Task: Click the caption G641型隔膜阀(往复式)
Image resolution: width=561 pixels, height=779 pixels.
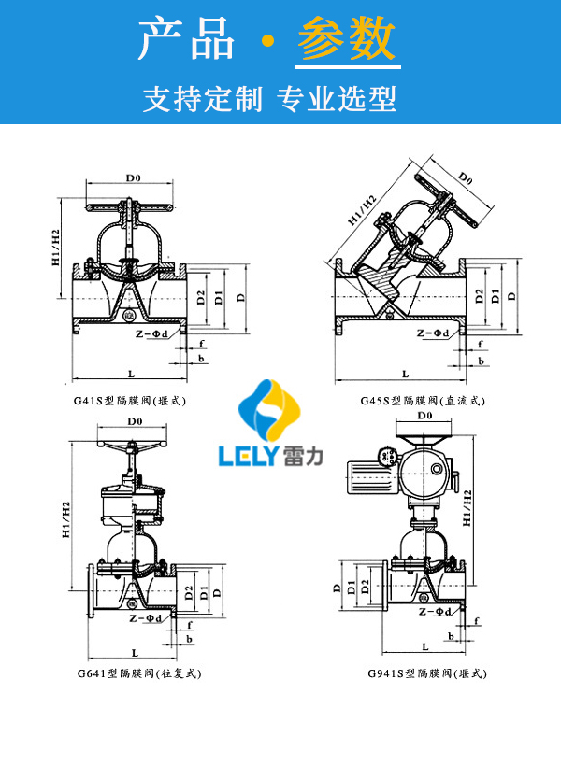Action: click(x=139, y=673)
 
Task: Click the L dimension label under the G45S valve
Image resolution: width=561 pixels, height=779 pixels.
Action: click(x=405, y=374)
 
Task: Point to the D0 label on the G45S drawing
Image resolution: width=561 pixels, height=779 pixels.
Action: click(x=465, y=177)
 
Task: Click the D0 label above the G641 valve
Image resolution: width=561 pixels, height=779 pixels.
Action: click(x=134, y=422)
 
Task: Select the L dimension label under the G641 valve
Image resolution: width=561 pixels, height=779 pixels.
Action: click(x=136, y=651)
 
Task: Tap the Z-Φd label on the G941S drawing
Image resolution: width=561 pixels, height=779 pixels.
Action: click(x=435, y=611)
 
